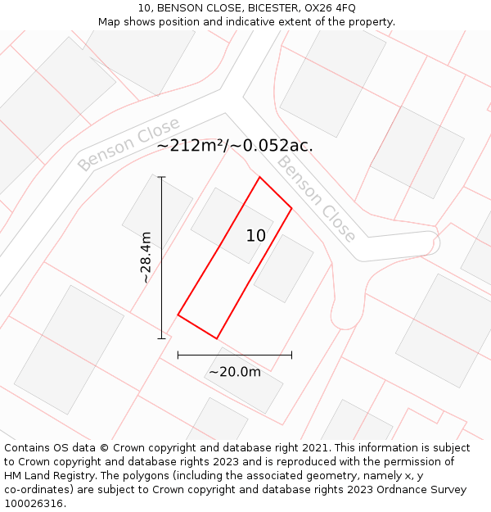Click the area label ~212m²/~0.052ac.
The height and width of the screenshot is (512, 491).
(234, 146)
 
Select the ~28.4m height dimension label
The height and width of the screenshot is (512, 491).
(146, 257)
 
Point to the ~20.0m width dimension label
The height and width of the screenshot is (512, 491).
(234, 372)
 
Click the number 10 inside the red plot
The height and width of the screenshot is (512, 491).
(256, 236)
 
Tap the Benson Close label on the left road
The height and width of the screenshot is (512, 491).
(128, 144)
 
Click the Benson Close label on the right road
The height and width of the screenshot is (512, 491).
(316, 199)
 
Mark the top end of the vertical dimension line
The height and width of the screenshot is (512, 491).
(161, 177)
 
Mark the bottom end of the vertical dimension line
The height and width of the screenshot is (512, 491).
(161, 338)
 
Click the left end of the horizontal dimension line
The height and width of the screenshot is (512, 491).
(178, 355)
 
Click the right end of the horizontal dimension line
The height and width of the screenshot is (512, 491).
(291, 355)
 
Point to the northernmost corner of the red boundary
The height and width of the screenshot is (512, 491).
(259, 177)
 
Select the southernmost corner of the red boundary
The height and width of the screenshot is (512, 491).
(217, 338)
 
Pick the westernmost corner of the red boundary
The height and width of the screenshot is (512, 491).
(178, 315)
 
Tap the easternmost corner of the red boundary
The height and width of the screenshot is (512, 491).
(291, 208)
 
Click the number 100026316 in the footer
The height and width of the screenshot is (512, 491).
(35, 503)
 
